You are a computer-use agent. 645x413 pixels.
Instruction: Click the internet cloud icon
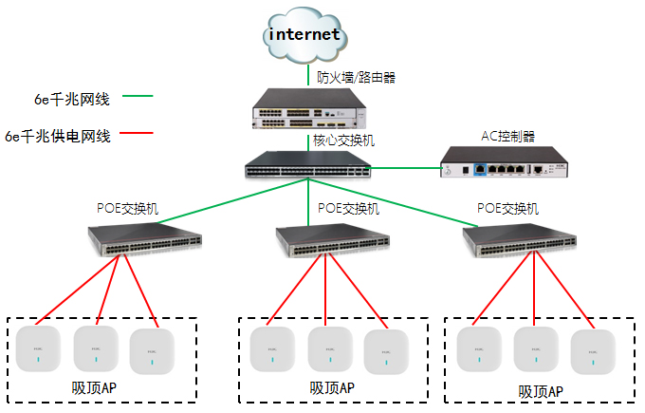click(x=304, y=35)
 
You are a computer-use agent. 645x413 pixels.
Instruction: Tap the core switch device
click(x=307, y=165)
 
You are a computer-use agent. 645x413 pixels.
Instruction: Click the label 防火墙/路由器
click(x=355, y=77)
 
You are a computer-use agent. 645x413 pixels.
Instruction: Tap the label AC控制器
click(x=508, y=135)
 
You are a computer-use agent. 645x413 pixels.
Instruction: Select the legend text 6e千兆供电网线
click(x=58, y=137)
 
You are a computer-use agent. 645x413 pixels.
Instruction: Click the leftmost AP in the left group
click(x=39, y=347)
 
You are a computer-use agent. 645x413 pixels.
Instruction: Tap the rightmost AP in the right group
click(x=593, y=350)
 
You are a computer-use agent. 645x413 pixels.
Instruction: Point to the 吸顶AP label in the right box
click(x=541, y=391)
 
